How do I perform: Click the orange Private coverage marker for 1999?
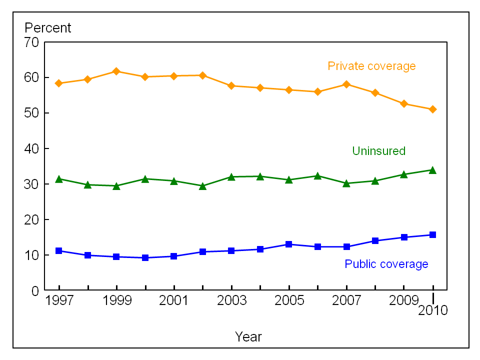(x=116, y=71)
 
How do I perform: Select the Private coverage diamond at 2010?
(x=433, y=109)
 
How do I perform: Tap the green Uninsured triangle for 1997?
(x=59, y=179)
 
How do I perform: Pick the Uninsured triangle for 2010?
(x=433, y=170)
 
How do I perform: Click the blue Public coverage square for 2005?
(x=289, y=244)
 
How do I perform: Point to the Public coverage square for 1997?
(x=59, y=250)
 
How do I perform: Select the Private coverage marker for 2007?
(x=346, y=84)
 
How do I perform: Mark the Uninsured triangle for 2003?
(x=231, y=176)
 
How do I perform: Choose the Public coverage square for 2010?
(x=433, y=234)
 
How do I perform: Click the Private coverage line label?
(x=371, y=66)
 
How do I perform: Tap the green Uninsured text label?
(x=378, y=151)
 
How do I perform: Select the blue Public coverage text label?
(x=386, y=264)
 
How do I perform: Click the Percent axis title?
(x=48, y=28)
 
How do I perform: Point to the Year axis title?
(x=248, y=337)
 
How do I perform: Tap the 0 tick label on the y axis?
(x=35, y=290)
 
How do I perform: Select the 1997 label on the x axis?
(x=59, y=301)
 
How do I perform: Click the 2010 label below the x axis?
(x=433, y=310)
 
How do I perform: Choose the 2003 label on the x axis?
(x=231, y=301)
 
